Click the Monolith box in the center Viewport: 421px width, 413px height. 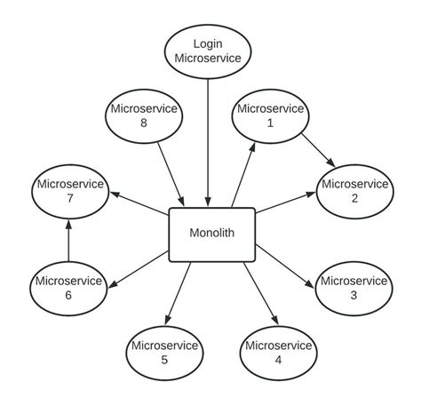point(211,234)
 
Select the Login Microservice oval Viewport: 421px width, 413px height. point(208,51)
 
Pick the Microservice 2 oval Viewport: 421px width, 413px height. point(353,191)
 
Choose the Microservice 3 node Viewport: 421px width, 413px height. point(353,288)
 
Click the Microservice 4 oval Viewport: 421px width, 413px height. point(277,353)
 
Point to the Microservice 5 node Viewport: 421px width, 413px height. point(163,353)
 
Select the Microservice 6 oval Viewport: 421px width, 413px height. point(68,288)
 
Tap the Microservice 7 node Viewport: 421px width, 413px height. point(68,191)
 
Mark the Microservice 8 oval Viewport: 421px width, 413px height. point(144,115)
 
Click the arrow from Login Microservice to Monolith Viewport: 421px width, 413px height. point(208,142)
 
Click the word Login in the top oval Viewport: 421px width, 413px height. point(208,43)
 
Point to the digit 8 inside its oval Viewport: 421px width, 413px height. point(144,123)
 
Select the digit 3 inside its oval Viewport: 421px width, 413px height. point(353,296)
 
